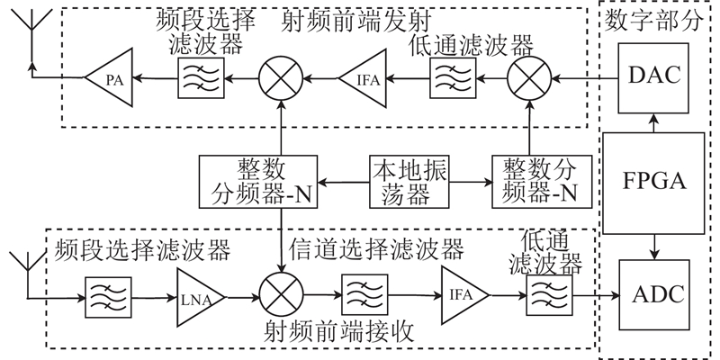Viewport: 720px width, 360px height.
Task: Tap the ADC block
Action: (654, 293)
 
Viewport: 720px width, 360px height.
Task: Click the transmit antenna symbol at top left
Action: (30, 36)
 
